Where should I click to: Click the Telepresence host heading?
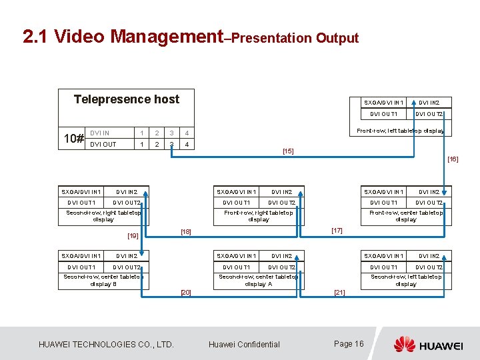tap(126, 99)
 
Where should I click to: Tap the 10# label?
tap(73, 139)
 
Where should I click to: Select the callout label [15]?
tap(288, 151)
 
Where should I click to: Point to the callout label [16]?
tap(453, 159)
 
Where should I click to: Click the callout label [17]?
tap(337, 231)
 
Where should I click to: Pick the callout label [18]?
tap(186, 232)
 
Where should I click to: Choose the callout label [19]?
tap(133, 235)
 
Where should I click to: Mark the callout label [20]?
tap(186, 293)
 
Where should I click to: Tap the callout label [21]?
tap(339, 293)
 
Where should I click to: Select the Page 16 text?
tap(349, 344)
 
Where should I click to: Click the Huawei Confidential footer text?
tap(244, 345)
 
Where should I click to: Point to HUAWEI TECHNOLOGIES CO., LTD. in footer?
tap(106, 345)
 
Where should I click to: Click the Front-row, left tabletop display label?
tap(401, 131)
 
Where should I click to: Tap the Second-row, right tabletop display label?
tap(103, 216)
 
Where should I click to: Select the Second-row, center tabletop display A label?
tap(259, 280)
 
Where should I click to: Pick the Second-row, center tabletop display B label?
tap(103, 280)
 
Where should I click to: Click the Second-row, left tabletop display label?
tap(406, 280)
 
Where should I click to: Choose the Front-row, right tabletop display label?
tap(259, 216)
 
